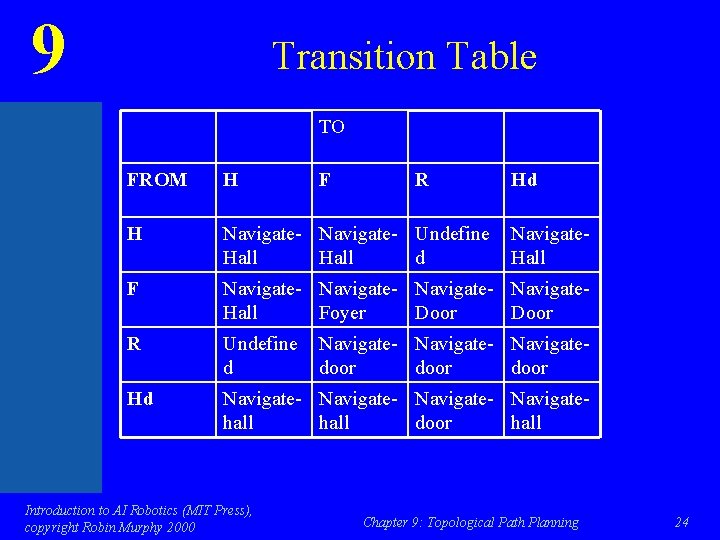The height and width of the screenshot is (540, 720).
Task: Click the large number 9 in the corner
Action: pyautogui.click(x=48, y=50)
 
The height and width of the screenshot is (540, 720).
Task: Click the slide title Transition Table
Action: pyautogui.click(x=404, y=56)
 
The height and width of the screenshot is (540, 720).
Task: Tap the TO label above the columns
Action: pyautogui.click(x=332, y=127)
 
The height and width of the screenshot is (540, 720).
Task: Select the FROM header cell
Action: pyautogui.click(x=157, y=180)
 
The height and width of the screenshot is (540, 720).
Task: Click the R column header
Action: pyautogui.click(x=422, y=180)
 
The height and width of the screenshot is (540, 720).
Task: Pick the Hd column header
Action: pyautogui.click(x=524, y=180)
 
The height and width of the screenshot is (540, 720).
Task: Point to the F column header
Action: pyautogui.click(x=325, y=180)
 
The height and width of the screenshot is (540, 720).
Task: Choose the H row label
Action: pyautogui.click(x=134, y=235)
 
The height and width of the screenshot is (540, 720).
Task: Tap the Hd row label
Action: pyautogui.click(x=141, y=400)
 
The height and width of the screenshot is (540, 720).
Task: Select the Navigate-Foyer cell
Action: pyautogui.click(x=355, y=301)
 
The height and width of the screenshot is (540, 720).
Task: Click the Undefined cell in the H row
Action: pyautogui.click(x=452, y=246)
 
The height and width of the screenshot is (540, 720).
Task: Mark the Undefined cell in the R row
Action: pyautogui.click(x=260, y=356)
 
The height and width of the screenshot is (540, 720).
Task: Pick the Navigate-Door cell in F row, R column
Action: pyautogui.click(x=452, y=301)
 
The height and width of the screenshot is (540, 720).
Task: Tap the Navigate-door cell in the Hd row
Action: pyautogui.click(x=452, y=411)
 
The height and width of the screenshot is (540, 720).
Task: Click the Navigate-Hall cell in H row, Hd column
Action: pyautogui.click(x=548, y=246)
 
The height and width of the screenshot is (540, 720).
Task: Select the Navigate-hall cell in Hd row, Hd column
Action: pyautogui.click(x=548, y=411)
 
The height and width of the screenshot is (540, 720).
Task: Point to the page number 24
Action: pyautogui.click(x=682, y=522)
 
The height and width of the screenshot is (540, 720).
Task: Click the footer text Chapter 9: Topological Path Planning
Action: pyautogui.click(x=470, y=522)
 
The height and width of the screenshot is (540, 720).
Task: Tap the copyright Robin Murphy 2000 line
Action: pyautogui.click(x=110, y=527)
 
